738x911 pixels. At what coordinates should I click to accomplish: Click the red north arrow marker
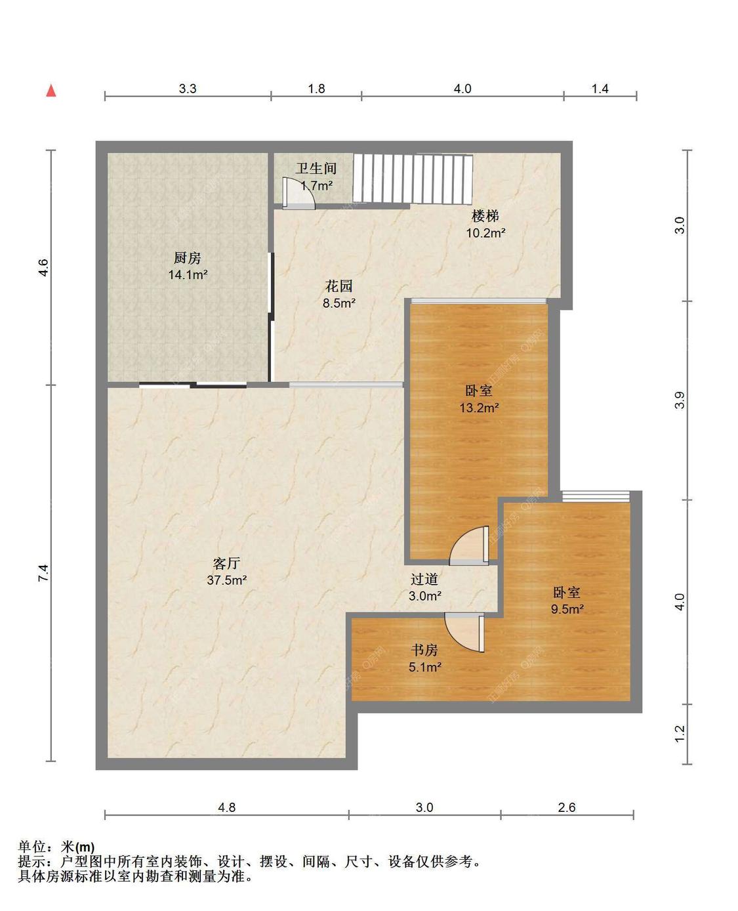(x=51, y=91)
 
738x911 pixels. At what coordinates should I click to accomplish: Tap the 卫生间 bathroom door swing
(x=298, y=194)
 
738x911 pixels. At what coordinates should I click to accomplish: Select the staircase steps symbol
(x=413, y=179)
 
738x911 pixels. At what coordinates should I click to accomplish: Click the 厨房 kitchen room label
(x=187, y=258)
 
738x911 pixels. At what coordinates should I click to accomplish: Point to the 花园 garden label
(x=339, y=286)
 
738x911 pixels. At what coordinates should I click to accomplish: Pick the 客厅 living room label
(x=226, y=563)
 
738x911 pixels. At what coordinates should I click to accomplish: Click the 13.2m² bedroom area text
(x=479, y=408)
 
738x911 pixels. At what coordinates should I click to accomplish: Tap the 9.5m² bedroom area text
(x=567, y=609)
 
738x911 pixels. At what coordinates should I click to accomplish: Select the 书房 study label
(x=424, y=650)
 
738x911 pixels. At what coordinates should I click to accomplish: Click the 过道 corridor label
(x=424, y=579)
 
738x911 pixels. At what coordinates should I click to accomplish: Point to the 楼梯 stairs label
(x=485, y=216)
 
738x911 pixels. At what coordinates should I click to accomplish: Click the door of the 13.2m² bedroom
(x=469, y=545)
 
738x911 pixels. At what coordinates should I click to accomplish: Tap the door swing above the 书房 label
(x=464, y=633)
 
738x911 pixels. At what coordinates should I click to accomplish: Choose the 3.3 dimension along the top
(x=188, y=89)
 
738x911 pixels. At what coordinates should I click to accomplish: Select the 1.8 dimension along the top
(x=316, y=89)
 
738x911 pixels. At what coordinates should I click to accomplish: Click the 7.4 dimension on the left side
(x=44, y=573)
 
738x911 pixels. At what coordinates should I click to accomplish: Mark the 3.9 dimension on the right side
(x=680, y=400)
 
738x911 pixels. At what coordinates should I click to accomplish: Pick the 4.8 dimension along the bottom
(x=226, y=807)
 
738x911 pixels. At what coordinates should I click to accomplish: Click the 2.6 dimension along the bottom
(x=567, y=807)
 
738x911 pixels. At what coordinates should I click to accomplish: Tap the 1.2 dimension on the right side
(x=680, y=734)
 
